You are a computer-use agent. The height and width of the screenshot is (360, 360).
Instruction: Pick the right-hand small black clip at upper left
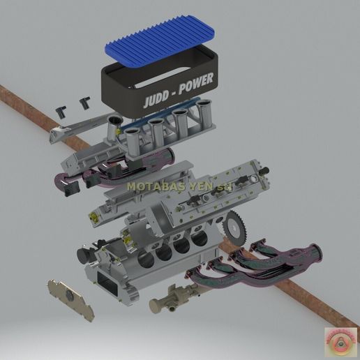tap(86, 102)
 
